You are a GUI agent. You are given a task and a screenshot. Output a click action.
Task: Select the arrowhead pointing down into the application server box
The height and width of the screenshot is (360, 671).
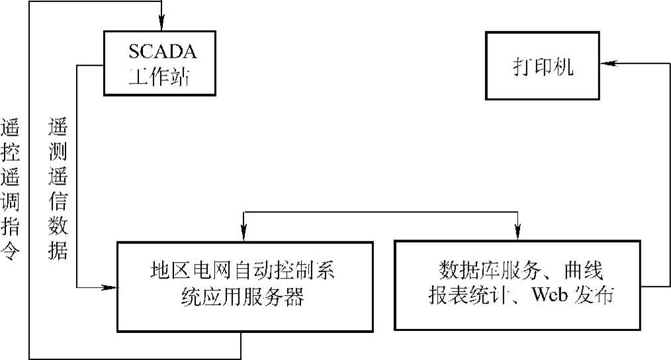(244, 232)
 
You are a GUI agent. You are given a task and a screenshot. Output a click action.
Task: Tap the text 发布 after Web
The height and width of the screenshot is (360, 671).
(598, 294)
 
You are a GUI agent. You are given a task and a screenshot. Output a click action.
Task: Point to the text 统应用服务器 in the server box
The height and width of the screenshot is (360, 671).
(244, 297)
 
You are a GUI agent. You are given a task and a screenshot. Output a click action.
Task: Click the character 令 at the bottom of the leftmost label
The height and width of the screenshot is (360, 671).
(11, 254)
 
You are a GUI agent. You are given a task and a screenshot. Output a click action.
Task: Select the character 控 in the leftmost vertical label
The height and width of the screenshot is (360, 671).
(11, 154)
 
